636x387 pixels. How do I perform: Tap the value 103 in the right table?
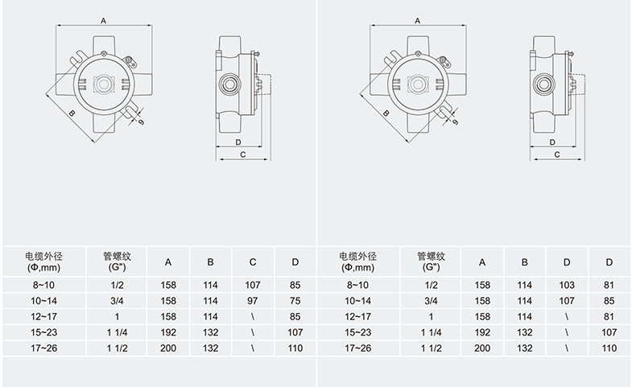pos(566,285)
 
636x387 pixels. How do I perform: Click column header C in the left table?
pos(252,262)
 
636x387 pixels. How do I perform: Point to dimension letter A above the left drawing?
pos(103,22)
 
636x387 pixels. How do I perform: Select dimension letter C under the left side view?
pos(242,156)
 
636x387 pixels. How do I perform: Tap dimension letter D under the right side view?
pos(553,142)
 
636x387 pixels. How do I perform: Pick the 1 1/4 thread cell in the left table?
pos(117,332)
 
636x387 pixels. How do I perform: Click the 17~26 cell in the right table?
pos(358,348)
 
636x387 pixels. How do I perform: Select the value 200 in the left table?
pos(167,348)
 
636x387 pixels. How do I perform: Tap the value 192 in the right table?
pos(481,332)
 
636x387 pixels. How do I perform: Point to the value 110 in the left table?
pos(295,348)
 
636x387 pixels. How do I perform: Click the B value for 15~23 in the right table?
pos(524,332)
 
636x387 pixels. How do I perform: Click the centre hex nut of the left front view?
pos(104,84)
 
